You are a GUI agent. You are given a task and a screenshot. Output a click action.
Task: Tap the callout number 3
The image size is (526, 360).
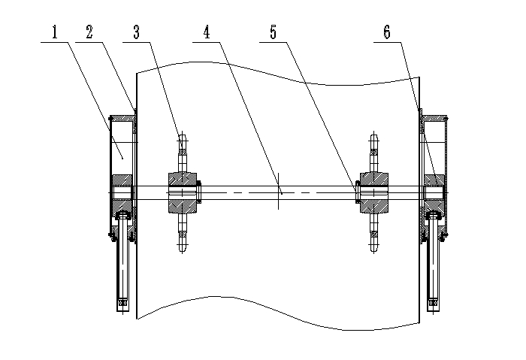pos(136,33)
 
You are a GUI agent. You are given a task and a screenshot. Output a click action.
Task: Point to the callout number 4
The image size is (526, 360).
pos(205,33)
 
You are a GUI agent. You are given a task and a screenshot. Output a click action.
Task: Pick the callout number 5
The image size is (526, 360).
pos(274,33)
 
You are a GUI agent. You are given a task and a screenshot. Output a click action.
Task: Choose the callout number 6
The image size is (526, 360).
pos(385,33)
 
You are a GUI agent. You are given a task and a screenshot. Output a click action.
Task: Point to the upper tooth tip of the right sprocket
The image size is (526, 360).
pos(373,139)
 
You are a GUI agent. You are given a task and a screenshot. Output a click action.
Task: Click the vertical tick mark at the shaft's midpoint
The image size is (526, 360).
pos(278,192)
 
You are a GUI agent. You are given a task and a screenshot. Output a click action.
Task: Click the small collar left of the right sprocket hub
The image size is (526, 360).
pos(355,192)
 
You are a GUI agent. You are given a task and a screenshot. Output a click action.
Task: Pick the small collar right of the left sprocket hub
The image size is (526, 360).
pos(199,192)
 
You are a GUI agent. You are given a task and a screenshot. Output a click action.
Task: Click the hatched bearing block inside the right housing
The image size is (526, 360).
pos(434,183)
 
